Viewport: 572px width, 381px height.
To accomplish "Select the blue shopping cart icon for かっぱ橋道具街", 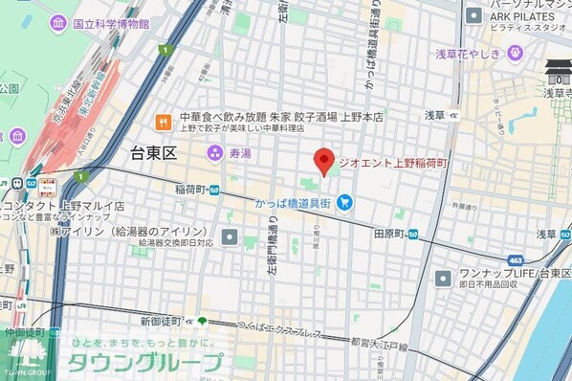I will [344, 201].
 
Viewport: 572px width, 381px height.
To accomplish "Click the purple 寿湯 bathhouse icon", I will [216, 152].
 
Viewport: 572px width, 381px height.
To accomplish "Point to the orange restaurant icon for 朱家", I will [164, 122].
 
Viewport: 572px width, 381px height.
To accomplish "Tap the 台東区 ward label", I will [154, 151].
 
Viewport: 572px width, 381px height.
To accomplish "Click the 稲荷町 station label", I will [191, 190].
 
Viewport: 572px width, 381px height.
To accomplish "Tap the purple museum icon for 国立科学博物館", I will [58, 23].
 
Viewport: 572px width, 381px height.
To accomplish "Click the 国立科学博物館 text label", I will [111, 23].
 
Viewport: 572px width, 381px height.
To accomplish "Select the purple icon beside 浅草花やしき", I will [515, 53].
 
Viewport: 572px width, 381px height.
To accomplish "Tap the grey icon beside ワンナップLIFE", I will [444, 278].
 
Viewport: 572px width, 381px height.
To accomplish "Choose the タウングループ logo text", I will [144, 362].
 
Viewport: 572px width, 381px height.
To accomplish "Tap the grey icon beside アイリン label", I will [230, 235].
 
